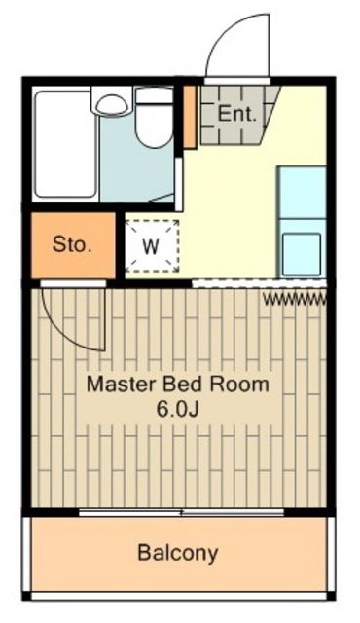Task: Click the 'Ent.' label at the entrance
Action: point(237,113)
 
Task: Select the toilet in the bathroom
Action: point(153,119)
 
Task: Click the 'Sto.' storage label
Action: point(71,244)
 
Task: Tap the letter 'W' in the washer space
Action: point(151,246)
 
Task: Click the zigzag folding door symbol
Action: point(293,298)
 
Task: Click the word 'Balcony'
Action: point(178,554)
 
